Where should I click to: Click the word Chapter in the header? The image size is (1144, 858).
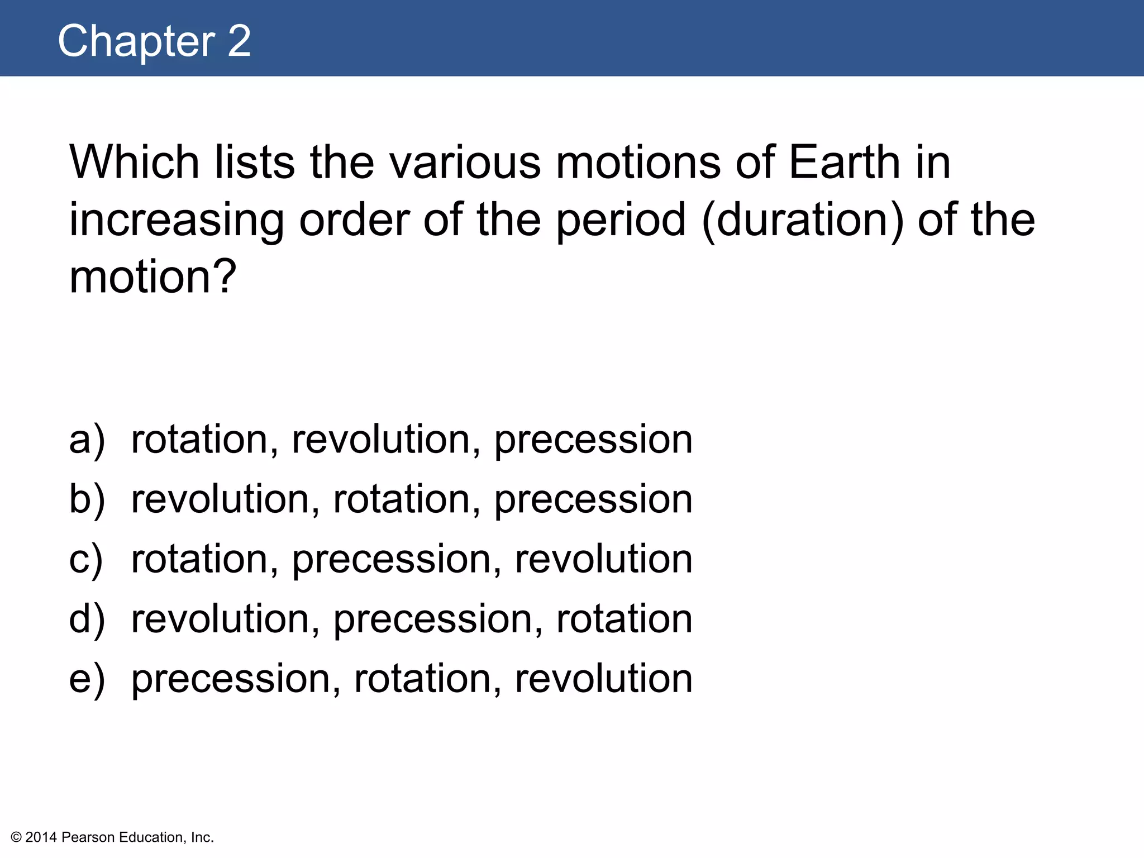136,41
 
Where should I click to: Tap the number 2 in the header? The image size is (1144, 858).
239,41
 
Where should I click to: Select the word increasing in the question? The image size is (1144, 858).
177,221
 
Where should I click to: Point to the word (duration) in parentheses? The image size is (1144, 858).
803,221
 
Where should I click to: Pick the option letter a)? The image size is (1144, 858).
87,440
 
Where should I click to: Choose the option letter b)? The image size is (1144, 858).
87,499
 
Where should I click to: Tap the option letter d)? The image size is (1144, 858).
87,619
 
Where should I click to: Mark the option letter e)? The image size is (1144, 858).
87,679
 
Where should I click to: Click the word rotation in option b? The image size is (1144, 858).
407,499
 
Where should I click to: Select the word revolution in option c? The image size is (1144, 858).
604,559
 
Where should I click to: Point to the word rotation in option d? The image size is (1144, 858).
625,619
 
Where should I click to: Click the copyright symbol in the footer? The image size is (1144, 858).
16,837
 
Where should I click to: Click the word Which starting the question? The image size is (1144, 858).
135,163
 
